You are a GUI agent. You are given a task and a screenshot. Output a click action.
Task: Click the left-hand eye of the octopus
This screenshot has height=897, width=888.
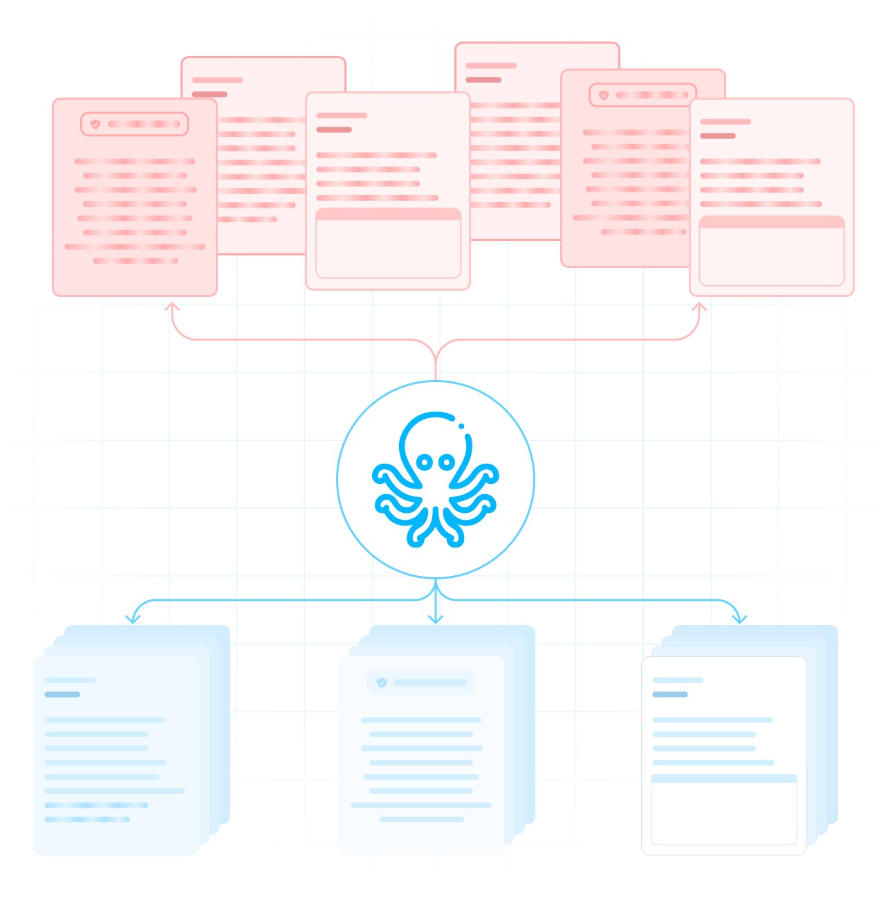point(425,462)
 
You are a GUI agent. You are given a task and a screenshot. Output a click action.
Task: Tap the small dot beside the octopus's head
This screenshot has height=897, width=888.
point(461,426)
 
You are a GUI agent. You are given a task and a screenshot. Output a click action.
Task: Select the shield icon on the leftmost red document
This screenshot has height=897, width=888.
point(95,124)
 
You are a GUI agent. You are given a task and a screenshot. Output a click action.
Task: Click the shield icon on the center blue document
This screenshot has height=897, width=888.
point(381,682)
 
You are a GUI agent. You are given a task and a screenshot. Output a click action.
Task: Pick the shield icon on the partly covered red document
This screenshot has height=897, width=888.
point(604,95)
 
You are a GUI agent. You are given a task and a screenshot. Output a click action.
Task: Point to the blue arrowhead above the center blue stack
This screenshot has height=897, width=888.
point(435,618)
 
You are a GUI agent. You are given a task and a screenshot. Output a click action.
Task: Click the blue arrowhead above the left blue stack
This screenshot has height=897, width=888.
point(133,618)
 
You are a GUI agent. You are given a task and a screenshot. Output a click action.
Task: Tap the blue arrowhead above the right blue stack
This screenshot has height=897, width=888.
point(739,618)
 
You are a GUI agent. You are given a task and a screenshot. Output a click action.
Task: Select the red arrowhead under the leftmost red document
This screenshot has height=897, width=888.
point(172,307)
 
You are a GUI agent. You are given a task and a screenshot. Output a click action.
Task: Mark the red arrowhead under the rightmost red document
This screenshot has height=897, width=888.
point(699,307)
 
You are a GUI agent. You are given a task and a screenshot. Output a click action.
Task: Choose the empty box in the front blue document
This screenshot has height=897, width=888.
point(724,813)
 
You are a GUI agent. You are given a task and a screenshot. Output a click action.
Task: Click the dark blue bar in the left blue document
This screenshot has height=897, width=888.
point(62,694)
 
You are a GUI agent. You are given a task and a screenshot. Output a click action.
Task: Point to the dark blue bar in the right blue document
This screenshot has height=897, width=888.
point(670,694)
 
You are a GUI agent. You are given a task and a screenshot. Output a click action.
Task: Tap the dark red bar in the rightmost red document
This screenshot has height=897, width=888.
point(718,136)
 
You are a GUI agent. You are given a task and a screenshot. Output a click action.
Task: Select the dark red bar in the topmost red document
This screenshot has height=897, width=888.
point(483,80)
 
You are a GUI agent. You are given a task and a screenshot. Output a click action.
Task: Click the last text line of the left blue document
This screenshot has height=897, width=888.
point(87,819)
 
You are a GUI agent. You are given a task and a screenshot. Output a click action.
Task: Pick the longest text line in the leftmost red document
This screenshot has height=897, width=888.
point(135,246)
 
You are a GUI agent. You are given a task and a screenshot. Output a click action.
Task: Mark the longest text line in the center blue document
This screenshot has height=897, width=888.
point(421,805)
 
